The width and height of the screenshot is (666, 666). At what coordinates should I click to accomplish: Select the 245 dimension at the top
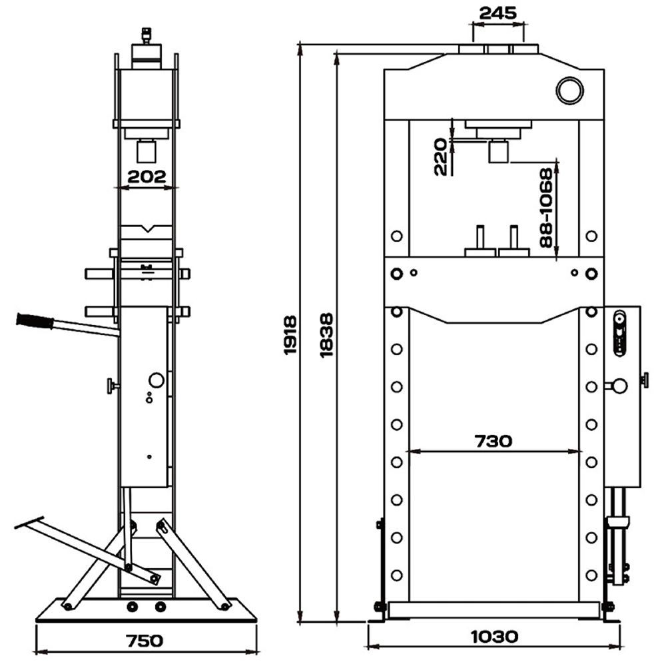498,13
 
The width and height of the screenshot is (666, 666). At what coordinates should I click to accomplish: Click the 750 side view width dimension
145,641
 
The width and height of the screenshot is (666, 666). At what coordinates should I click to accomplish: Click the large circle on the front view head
569,90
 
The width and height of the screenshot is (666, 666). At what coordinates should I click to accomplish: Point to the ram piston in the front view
498,152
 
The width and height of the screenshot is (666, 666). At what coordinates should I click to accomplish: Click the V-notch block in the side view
147,230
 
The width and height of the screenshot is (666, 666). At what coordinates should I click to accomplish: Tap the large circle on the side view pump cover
156,380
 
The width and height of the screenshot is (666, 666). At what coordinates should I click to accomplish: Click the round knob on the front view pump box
619,385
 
